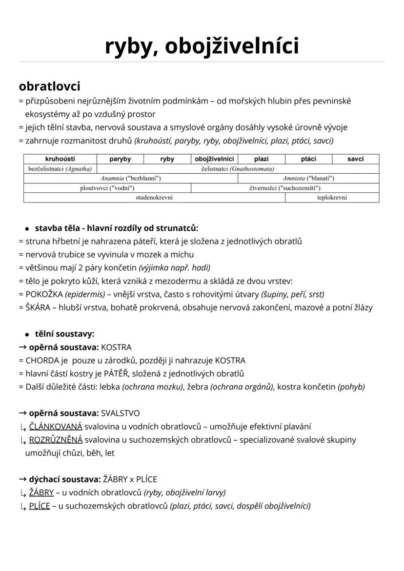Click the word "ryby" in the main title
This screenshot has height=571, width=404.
click(128, 46)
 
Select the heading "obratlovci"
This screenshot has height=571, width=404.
click(49, 86)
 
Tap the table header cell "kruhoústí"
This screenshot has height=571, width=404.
click(60, 159)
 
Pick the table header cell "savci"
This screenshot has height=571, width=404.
click(356, 159)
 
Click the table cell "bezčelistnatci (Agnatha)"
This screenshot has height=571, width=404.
click(60, 169)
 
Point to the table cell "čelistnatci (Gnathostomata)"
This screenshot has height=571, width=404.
click(238, 169)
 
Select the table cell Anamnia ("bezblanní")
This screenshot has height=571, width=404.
click(131, 179)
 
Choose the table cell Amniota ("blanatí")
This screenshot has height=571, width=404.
click(308, 179)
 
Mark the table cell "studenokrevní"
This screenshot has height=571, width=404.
click(154, 198)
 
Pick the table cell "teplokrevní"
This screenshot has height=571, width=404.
click(332, 198)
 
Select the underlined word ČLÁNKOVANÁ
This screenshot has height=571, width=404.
click(56, 427)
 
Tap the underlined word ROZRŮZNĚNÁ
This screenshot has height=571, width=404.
click(56, 440)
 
